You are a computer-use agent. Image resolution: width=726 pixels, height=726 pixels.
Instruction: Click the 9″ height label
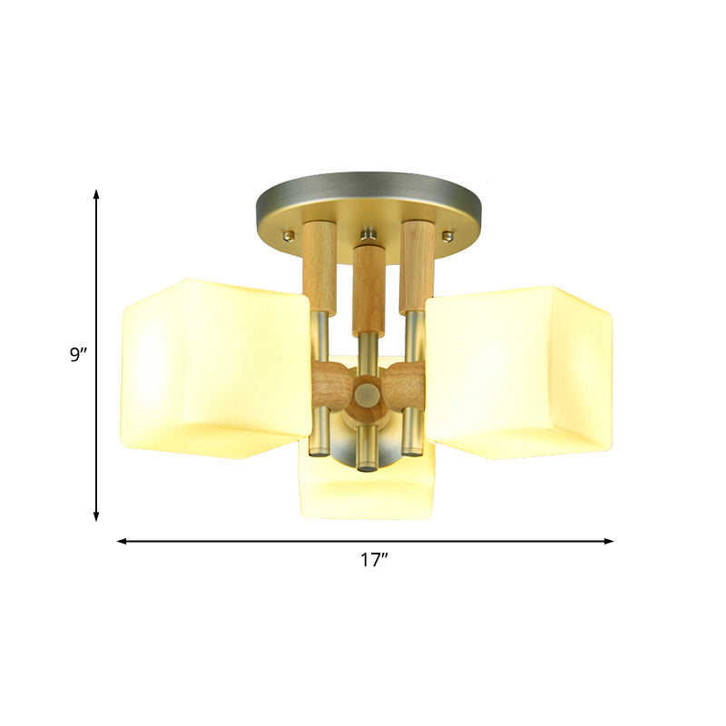78,354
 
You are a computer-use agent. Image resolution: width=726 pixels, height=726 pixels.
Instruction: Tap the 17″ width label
373,561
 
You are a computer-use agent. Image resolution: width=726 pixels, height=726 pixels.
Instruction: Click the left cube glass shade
213,358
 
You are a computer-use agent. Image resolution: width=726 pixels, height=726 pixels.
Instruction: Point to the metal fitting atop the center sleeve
367,239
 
